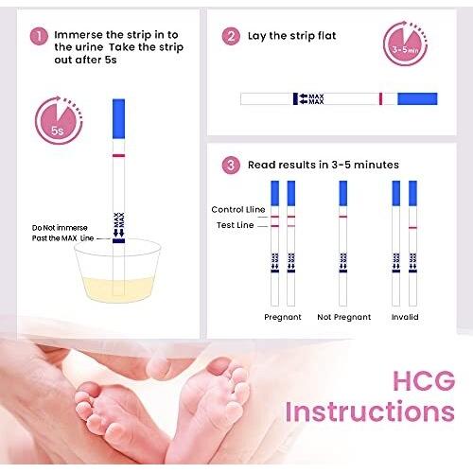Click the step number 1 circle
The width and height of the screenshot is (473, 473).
39,36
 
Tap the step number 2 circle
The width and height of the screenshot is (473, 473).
231,36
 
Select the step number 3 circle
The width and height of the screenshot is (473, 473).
231,165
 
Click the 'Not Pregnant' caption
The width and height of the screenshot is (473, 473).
342,317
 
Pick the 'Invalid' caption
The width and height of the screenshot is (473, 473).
404,317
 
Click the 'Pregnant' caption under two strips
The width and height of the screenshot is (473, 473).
283,317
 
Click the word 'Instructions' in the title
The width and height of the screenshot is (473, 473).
369,412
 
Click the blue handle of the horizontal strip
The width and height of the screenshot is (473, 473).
417,98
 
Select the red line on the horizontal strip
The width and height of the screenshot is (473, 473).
380,98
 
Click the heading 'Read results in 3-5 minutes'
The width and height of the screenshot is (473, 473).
324,165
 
